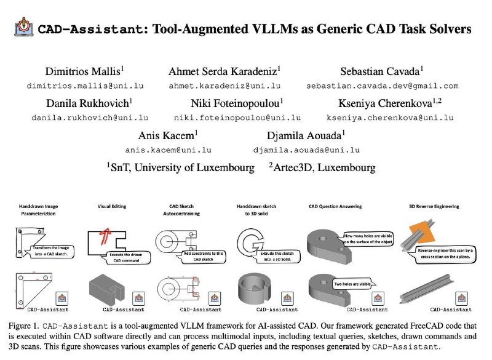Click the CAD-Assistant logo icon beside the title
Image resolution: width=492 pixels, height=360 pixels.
pyautogui.click(x=24, y=27)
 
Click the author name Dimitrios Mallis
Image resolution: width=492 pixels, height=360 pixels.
pyautogui.click(x=83, y=71)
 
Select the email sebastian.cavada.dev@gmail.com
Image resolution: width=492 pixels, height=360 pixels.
pyautogui.click(x=383, y=86)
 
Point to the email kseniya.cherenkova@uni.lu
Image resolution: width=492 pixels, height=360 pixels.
pyautogui.click(x=390, y=118)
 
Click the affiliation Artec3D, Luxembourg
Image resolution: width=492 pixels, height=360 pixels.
pyautogui.click(x=324, y=167)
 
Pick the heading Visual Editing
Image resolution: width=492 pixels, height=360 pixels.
pyautogui.click(x=112, y=206)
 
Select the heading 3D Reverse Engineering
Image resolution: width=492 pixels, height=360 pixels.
pyautogui.click(x=434, y=206)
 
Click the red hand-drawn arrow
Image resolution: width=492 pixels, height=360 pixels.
pyautogui.click(x=105, y=236)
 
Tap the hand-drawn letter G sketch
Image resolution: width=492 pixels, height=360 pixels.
pyautogui.click(x=250, y=242)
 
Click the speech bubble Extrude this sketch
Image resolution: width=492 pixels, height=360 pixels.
pyautogui.click(x=277, y=256)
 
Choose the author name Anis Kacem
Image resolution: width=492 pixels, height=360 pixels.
pyautogui.click(x=166, y=135)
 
